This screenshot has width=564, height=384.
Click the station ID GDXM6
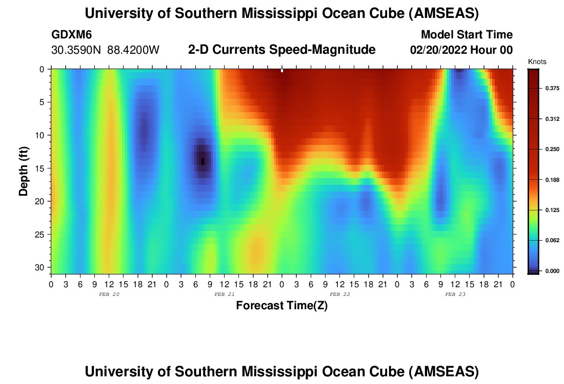[x=72, y=35]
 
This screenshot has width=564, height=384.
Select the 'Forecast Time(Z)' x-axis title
[x=281, y=306]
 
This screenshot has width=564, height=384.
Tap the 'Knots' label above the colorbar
[x=537, y=62]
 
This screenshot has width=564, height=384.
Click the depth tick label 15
[x=42, y=168]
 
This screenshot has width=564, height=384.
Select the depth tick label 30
[x=42, y=268]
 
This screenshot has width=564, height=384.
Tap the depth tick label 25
[x=42, y=234]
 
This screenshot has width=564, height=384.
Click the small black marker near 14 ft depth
[x=203, y=161]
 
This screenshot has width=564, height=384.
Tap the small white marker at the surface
[x=282, y=71]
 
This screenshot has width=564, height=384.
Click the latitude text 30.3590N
[x=76, y=50]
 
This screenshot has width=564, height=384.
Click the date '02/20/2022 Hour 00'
[x=461, y=50]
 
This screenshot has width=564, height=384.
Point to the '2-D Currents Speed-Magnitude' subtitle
[x=281, y=50]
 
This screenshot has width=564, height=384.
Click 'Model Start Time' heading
[x=467, y=35]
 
